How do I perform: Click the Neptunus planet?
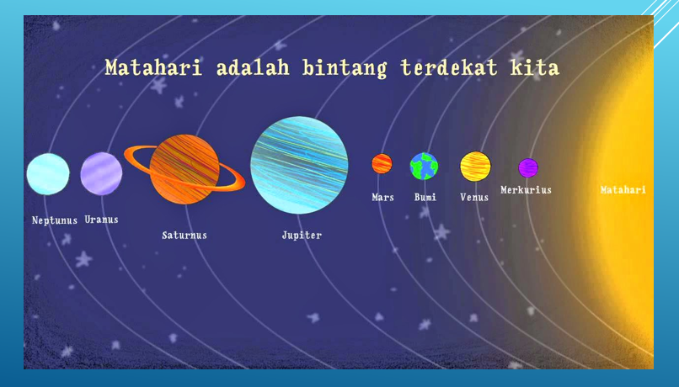point(48,174)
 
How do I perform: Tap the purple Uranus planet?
point(101,173)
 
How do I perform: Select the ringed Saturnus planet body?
point(184,169)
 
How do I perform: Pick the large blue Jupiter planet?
point(299,165)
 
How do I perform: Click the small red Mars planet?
point(382,163)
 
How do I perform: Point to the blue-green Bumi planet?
point(424,166)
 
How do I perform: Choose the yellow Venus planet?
point(475,166)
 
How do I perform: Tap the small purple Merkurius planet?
point(528,167)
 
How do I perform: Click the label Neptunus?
point(55,220)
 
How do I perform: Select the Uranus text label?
point(101,220)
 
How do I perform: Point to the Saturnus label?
point(184,236)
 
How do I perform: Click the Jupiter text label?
point(302,236)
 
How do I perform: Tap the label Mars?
point(382,197)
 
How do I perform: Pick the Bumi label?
point(425,197)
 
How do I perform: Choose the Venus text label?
point(474,197)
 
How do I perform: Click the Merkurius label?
point(527,190)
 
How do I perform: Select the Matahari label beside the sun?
point(623,189)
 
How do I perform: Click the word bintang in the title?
point(345,68)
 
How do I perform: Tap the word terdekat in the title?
point(449,67)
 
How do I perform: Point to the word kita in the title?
point(535,67)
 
